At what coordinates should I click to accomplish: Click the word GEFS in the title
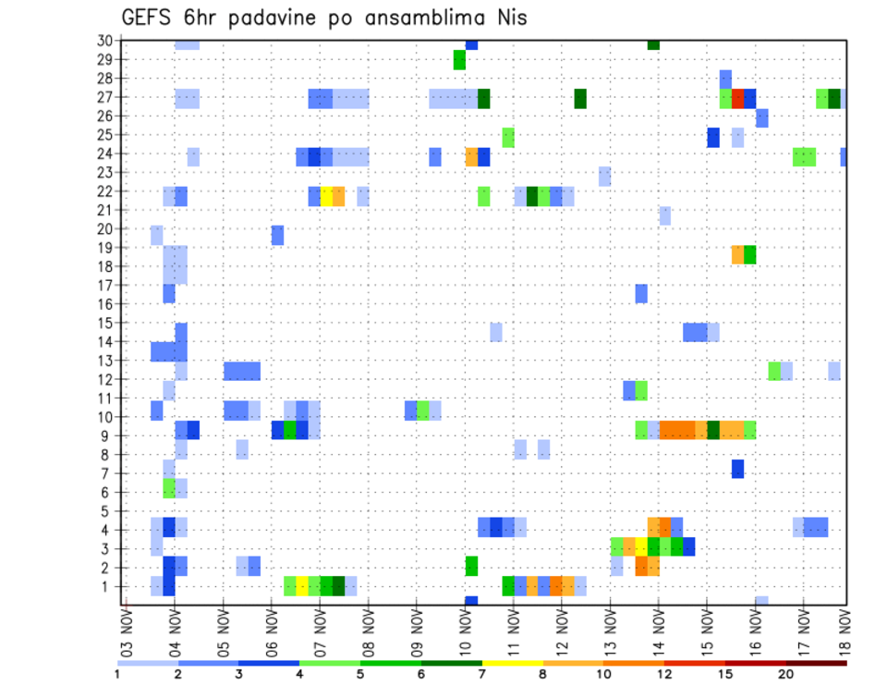pos(150,18)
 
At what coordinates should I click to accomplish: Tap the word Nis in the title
pos(508,18)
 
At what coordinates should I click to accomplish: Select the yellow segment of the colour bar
pos(512,663)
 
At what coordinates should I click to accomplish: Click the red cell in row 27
pos(737,98)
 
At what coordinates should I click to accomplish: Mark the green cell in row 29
pos(459,60)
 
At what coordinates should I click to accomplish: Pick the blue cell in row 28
pos(725,79)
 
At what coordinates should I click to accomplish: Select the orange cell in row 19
pos(737,254)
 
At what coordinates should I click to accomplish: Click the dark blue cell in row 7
pos(737,469)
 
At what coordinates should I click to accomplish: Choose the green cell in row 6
pos(169,487)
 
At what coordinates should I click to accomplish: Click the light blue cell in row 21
pos(665,215)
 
